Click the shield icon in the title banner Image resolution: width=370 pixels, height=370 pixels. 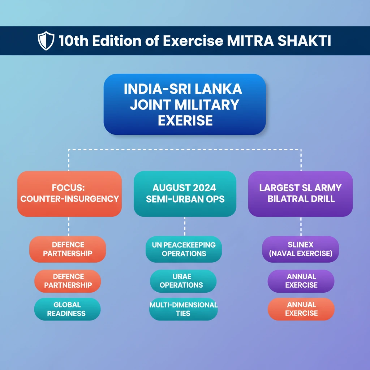click(46, 40)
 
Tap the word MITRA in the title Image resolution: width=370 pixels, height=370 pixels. click(250, 41)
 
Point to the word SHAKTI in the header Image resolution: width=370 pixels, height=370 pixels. click(304, 41)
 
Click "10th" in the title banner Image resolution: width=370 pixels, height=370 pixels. click(74, 41)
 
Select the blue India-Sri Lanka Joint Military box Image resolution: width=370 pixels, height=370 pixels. click(185, 104)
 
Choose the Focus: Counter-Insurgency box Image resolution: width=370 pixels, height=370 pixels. click(70, 194)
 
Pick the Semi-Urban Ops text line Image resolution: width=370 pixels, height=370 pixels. click(185, 199)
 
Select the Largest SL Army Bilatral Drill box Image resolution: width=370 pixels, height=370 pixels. click(300, 194)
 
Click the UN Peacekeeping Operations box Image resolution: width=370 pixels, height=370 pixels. click(184, 249)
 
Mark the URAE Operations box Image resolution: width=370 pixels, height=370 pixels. click(183, 281)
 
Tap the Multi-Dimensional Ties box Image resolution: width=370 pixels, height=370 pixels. click(183, 309)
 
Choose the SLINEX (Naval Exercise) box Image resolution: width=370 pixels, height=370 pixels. click(300, 249)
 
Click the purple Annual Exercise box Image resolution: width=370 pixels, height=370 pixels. click(301, 281)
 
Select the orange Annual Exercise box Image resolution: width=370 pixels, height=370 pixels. click(301, 309)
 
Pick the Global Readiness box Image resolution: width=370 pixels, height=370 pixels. click(67, 309)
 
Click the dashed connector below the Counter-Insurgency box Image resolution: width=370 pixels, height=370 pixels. click(69, 227)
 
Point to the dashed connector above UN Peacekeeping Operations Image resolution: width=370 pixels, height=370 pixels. click(185, 227)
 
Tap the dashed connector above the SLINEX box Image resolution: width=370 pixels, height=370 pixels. click(301, 227)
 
